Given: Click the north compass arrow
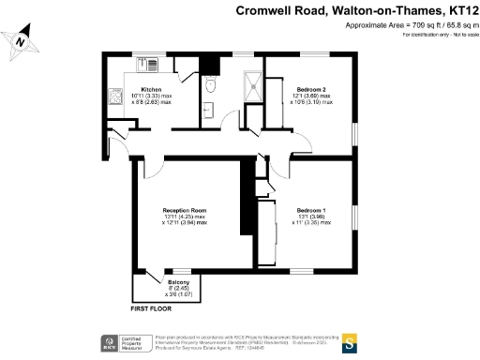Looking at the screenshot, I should pyautogui.click(x=20, y=42).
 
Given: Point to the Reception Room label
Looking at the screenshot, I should pyautogui.click(x=185, y=210).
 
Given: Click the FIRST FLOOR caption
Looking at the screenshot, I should pyautogui.click(x=151, y=307).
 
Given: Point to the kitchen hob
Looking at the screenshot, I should pyautogui.click(x=117, y=97).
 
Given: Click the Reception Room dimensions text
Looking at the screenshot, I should pyautogui.click(x=185, y=220).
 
